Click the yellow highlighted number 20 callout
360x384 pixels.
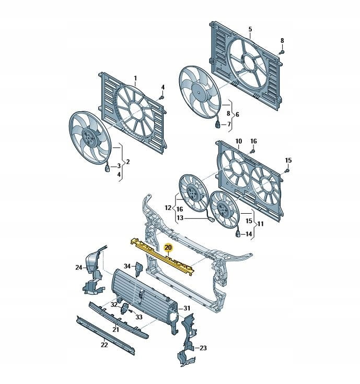[168, 248]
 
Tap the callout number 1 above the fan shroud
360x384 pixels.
[135, 78]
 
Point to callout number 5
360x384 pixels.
[250, 29]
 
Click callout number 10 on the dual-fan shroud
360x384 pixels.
[239, 141]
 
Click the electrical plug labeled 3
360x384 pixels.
[107, 168]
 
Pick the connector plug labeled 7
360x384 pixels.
[217, 125]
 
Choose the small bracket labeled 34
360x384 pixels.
[139, 269]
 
